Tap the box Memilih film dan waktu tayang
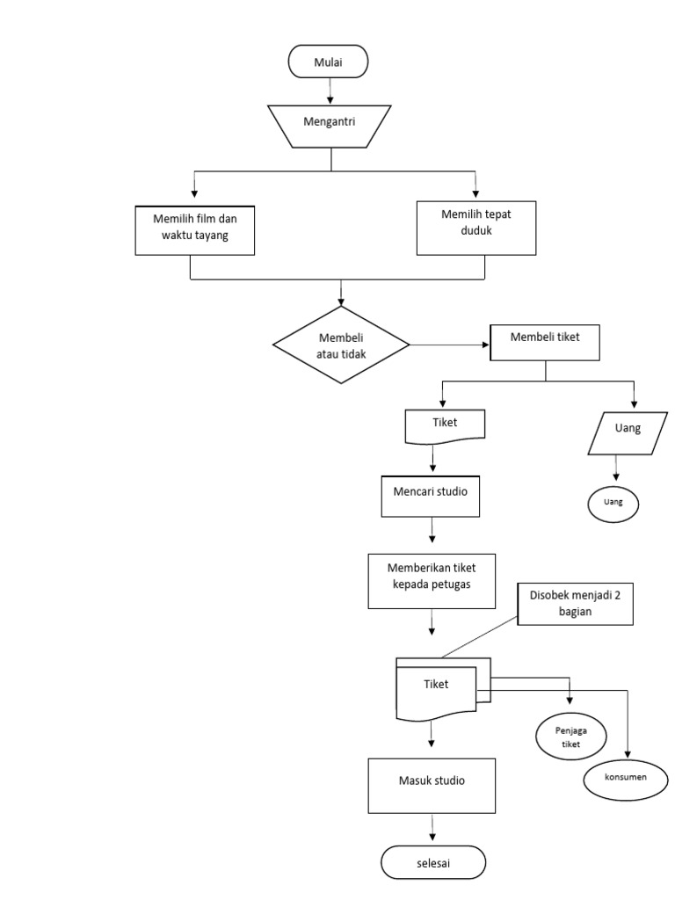click(195, 229)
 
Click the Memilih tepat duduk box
click(475, 228)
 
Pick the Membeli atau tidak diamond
click(341, 345)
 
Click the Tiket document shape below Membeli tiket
click(445, 425)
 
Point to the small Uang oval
click(613, 503)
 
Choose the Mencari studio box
click(431, 496)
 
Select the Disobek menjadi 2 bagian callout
click(576, 603)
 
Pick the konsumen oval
click(625, 779)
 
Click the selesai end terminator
click(432, 862)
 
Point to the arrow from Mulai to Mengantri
click(330, 90)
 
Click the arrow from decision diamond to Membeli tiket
click(449, 345)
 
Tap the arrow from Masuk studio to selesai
click(432, 829)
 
